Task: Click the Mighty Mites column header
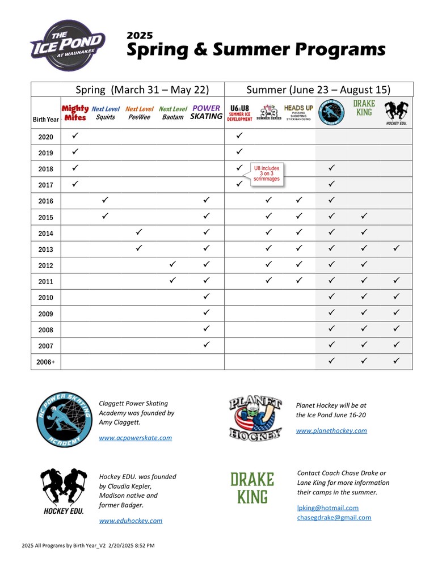tap(74, 113)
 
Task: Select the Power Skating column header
tap(207, 112)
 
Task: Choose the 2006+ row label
tap(45, 361)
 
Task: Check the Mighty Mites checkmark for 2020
tap(75, 136)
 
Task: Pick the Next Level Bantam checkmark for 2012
tap(173, 264)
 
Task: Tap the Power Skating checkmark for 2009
tap(207, 312)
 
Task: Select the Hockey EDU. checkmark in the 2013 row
tap(397, 248)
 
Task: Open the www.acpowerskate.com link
tap(135, 438)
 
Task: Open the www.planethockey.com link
tap(331, 430)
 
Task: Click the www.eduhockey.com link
tap(130, 521)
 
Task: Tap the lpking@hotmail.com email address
tap(328, 507)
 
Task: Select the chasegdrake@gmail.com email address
tap(334, 517)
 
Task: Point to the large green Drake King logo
tap(252, 488)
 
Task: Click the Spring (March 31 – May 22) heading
tap(142, 90)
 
